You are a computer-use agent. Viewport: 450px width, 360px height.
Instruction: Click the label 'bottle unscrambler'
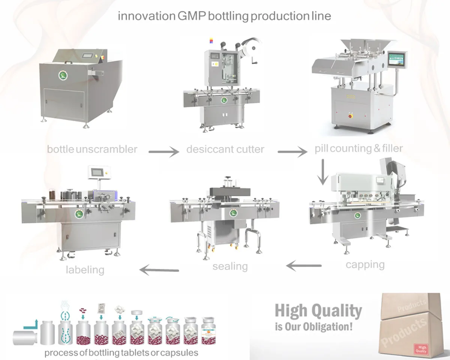[x=92, y=149]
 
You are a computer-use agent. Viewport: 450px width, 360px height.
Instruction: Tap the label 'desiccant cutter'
[x=225, y=149]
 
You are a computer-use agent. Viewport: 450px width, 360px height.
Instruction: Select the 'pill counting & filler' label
[x=359, y=148]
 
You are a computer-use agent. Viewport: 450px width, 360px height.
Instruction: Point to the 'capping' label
[x=365, y=265]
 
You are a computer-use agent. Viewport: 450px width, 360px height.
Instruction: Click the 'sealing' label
[x=230, y=267]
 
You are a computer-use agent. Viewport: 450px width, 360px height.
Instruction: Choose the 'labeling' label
[x=85, y=269]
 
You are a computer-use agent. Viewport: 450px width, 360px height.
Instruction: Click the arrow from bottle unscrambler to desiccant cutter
[x=164, y=152]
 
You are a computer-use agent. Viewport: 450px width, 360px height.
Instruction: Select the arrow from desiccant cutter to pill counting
[x=292, y=152]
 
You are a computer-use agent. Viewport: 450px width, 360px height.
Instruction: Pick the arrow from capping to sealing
[x=304, y=266]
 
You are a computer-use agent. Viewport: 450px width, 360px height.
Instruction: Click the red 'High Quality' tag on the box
[x=421, y=349]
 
